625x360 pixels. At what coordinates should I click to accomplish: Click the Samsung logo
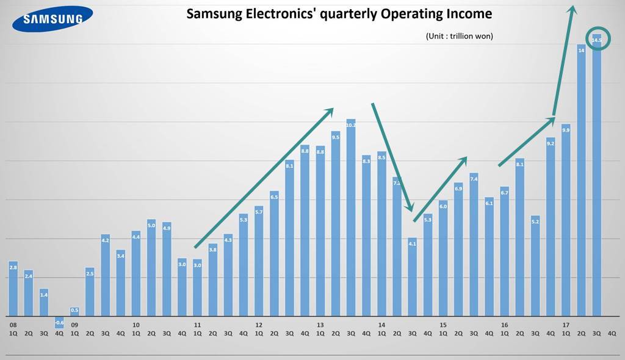coord(52,18)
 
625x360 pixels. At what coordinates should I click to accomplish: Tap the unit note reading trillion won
coord(459,36)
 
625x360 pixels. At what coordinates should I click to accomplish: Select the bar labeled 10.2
coord(351,217)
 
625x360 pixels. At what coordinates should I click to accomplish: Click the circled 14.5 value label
coord(597,40)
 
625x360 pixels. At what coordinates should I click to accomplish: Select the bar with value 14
coord(581,180)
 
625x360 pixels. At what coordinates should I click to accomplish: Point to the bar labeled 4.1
coord(412,276)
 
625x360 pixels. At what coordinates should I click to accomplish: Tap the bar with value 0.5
coord(74,312)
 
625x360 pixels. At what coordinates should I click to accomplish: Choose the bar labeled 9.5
coord(336,223)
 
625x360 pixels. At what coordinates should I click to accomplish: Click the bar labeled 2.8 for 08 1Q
coord(13,289)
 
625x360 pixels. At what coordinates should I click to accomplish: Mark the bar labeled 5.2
coord(535,265)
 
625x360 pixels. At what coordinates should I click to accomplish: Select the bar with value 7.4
coord(474,244)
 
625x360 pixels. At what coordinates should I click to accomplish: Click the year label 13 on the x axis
coord(320,325)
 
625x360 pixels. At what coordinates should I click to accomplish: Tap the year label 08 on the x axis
coord(13,325)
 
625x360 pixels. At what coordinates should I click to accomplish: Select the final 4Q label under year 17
coord(612,333)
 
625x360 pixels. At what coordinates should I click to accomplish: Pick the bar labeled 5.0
coord(151,267)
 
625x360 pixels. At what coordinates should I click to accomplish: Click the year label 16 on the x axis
coord(504,325)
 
